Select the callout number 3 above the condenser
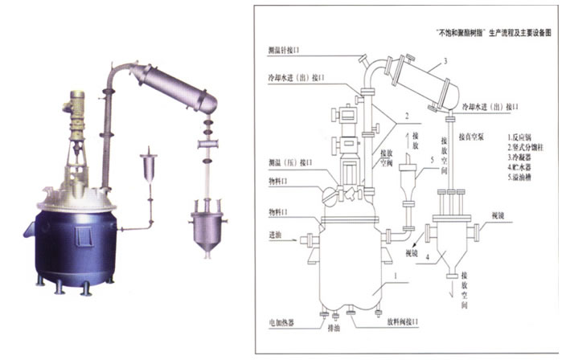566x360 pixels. pos(444,62)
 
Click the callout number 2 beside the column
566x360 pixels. pos(407,115)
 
